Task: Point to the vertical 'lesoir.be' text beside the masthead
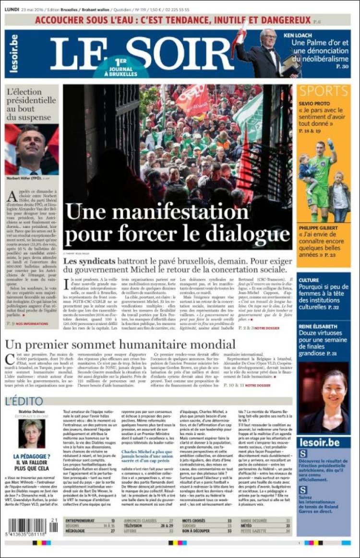[x=14, y=53]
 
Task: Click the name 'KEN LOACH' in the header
[x=298, y=36]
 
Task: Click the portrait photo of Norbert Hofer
[x=32, y=149]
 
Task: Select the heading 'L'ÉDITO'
[x=24, y=401]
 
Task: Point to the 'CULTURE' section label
[x=309, y=280]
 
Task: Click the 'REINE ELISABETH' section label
[x=319, y=326]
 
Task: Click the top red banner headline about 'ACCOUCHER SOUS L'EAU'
[x=173, y=21]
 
